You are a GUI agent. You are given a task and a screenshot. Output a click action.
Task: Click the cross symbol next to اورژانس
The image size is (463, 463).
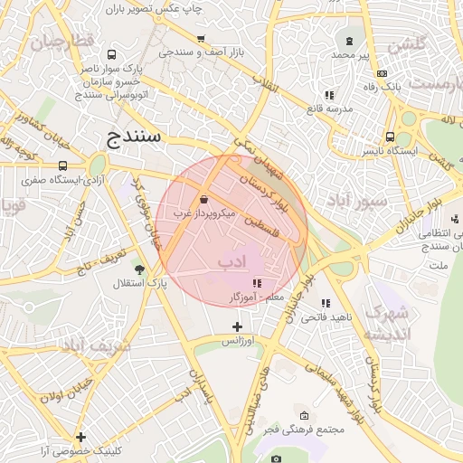click(237, 326)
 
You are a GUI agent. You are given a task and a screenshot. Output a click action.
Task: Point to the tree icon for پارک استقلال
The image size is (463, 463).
click(138, 269)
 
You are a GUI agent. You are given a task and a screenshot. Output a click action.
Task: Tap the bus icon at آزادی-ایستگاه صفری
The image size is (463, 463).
click(62, 165)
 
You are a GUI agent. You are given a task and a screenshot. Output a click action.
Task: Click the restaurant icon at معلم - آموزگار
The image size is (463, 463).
click(257, 282)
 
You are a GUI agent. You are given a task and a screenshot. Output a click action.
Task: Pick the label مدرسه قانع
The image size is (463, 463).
click(326, 109)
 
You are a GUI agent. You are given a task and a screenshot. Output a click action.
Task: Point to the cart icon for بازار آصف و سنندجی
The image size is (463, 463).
click(201, 39)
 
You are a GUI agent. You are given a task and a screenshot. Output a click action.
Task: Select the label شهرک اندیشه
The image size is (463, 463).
click(386, 323)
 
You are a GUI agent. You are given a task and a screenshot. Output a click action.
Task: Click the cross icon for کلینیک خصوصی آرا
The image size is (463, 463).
click(81, 437)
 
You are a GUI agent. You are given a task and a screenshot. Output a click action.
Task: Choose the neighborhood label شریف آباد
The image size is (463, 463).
click(97, 345)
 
